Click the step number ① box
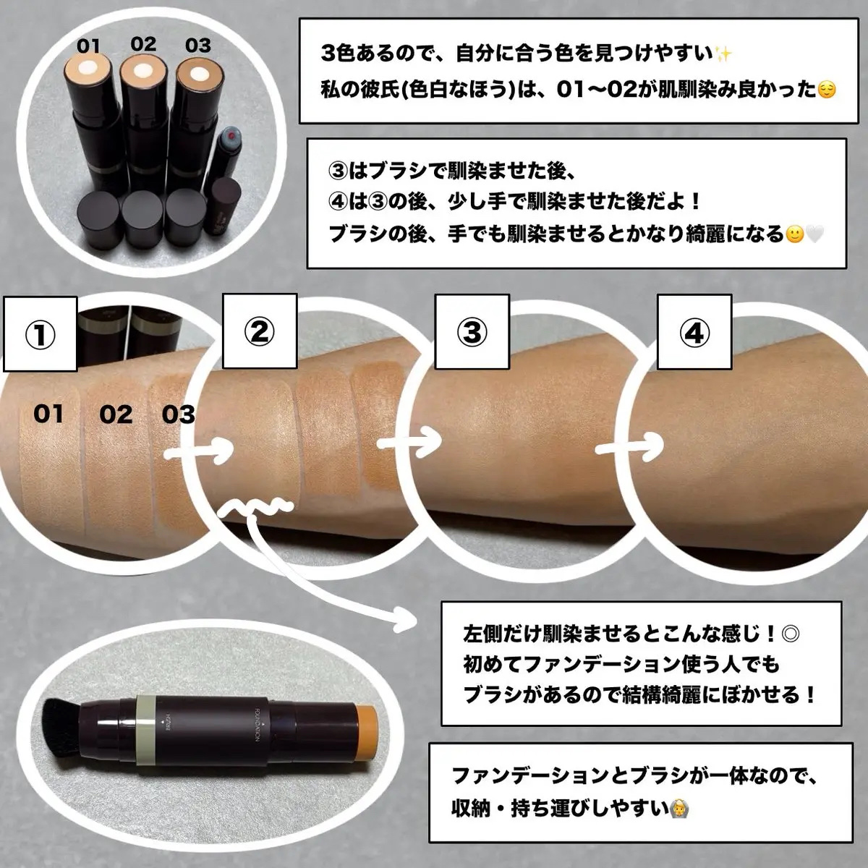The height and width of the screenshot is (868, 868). tap(40, 334)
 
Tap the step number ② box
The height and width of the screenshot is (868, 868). tap(260, 331)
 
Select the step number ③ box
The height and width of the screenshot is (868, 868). tap(472, 331)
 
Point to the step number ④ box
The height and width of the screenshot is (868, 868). tap(694, 333)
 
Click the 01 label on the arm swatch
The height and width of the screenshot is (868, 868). tap(48, 414)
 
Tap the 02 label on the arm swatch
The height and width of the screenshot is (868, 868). tap(116, 414)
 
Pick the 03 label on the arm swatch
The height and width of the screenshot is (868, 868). tap(178, 414)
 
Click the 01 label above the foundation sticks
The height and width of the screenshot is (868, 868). tap(88, 46)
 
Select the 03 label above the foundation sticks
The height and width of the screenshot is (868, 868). tap(197, 45)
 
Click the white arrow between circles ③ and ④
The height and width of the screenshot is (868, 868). tap(629, 448)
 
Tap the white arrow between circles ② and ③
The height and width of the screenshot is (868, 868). tap(409, 441)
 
